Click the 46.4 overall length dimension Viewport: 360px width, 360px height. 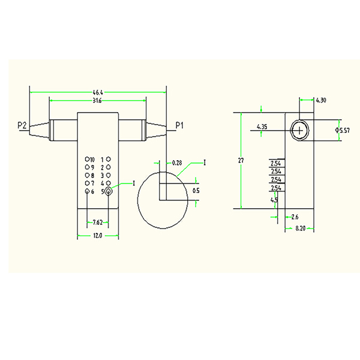(97, 93)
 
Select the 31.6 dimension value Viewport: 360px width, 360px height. (97, 101)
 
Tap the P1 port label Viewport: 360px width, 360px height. (179, 125)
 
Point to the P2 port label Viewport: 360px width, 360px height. (22, 125)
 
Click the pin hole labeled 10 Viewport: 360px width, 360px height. (88, 159)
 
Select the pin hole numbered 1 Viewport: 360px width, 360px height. (108, 159)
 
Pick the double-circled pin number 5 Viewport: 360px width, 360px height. (109, 191)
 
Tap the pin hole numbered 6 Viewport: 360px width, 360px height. (88, 191)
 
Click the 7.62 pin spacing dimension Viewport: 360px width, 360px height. (97, 223)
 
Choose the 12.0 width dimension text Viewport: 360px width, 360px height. (98, 236)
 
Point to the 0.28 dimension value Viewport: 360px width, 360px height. (177, 163)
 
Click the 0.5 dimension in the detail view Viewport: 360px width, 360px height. (196, 190)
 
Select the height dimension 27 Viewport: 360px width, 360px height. (241, 160)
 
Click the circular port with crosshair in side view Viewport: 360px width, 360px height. (299, 130)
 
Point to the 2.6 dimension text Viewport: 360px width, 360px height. (295, 216)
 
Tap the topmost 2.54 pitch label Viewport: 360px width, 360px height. (276, 163)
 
